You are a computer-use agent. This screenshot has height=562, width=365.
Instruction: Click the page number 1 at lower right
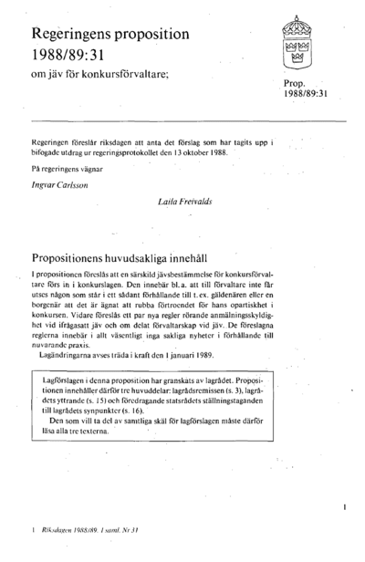(344, 503)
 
